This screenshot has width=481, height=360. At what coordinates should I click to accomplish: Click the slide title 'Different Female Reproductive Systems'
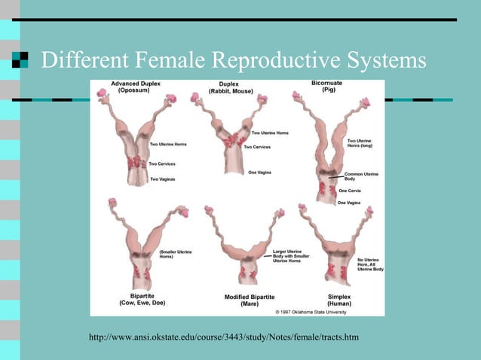click(x=233, y=59)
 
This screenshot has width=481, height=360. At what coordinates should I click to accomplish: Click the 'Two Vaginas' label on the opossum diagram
click(x=164, y=178)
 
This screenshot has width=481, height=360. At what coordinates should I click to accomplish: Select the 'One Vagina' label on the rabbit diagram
click(x=261, y=172)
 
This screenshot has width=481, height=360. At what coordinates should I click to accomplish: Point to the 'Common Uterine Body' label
click(x=361, y=177)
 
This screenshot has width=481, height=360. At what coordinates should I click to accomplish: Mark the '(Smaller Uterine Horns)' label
click(x=176, y=254)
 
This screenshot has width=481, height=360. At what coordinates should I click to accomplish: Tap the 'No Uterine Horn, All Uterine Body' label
click(x=370, y=264)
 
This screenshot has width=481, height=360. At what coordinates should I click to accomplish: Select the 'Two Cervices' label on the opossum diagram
click(x=163, y=163)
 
